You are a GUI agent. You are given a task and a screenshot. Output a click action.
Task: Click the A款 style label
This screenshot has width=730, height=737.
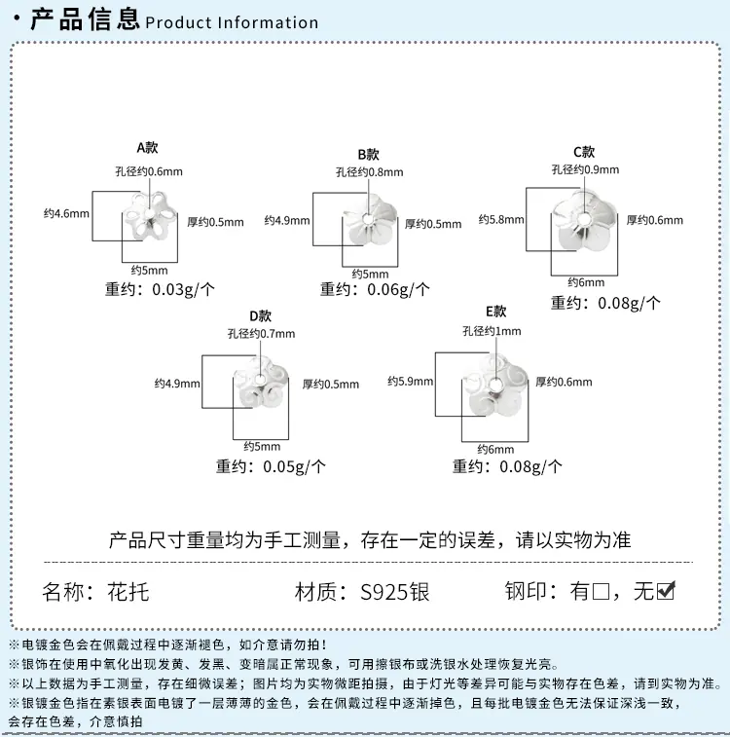pos(147,148)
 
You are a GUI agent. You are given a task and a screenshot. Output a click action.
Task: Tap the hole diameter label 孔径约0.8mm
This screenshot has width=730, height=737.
pos(369,172)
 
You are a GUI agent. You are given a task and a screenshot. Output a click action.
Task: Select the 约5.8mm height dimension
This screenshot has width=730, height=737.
pos(501,219)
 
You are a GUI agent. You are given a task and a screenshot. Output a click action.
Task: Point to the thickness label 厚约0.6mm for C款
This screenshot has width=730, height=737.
pos(655,220)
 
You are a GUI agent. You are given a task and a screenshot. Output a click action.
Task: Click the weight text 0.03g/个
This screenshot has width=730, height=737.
pos(183,289)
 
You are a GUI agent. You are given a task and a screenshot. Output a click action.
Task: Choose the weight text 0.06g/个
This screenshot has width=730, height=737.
pos(398,289)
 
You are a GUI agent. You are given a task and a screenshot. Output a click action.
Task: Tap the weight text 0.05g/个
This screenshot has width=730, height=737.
pos(294,466)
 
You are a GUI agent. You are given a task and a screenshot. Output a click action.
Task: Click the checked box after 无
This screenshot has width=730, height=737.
pos(666,591)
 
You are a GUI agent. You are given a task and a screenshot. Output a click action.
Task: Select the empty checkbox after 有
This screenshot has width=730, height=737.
pos(601,592)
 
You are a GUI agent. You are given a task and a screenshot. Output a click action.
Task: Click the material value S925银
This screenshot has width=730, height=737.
pos(394,592)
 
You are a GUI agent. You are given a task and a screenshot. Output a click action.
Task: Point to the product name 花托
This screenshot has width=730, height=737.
pos(128,592)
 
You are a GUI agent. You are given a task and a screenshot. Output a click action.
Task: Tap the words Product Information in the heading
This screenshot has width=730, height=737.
pos(232,22)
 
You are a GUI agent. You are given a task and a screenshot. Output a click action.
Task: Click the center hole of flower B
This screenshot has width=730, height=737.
pos(367,219)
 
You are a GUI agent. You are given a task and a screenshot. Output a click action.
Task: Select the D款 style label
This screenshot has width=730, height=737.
pos(260,315)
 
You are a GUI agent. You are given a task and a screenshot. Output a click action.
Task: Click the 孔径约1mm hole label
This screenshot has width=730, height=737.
pos(492,331)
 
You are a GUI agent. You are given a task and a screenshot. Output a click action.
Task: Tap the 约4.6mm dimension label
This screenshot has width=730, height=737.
pos(66,214)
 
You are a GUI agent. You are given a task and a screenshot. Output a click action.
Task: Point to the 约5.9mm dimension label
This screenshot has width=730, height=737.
pos(410,382)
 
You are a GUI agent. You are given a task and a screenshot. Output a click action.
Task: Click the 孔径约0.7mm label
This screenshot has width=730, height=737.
pos(261,334)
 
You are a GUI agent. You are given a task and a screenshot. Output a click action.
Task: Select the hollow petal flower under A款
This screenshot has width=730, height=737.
pos(150,215)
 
